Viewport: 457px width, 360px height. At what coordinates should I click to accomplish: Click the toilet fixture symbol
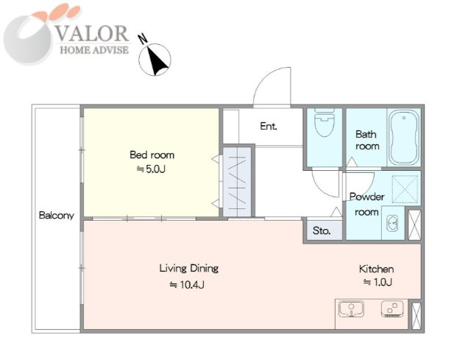point(324,123)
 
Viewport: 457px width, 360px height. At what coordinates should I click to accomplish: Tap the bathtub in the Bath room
point(404,137)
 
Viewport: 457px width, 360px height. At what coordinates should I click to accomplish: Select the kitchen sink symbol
point(351,309)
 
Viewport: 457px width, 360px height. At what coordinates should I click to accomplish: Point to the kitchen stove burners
point(392,309)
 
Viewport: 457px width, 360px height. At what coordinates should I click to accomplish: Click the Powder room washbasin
point(392,224)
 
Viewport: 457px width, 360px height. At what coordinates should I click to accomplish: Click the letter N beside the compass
point(143,39)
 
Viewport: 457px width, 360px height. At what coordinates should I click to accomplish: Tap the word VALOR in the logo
point(92,33)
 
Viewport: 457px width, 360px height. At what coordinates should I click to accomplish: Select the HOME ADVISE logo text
point(94,50)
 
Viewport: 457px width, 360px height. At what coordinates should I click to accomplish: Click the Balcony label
point(56,216)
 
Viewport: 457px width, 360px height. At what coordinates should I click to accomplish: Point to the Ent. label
point(269,126)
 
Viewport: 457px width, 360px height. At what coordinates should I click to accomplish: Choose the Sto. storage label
point(322,230)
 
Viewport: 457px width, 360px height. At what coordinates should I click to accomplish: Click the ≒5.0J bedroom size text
point(152,169)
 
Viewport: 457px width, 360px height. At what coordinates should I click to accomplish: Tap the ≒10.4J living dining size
point(187,284)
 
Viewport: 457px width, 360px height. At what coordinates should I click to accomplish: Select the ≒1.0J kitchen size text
point(378,282)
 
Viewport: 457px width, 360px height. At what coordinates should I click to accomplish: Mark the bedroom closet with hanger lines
point(237,182)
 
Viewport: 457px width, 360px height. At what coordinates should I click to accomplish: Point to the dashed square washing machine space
point(405,189)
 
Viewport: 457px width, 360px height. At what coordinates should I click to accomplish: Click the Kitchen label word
point(376,269)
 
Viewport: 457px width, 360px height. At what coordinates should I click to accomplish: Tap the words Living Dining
point(189,268)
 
